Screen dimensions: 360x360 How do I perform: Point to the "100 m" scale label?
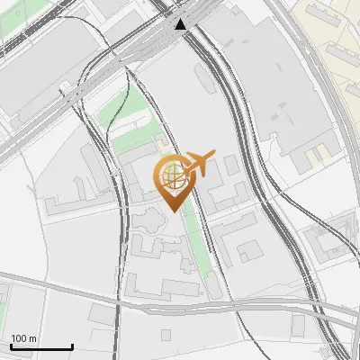point(23,338)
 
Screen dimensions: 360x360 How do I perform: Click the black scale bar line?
point(40,346)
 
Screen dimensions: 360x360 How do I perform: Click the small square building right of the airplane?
point(231,165)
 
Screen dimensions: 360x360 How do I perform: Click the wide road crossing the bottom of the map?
point(180,303)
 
